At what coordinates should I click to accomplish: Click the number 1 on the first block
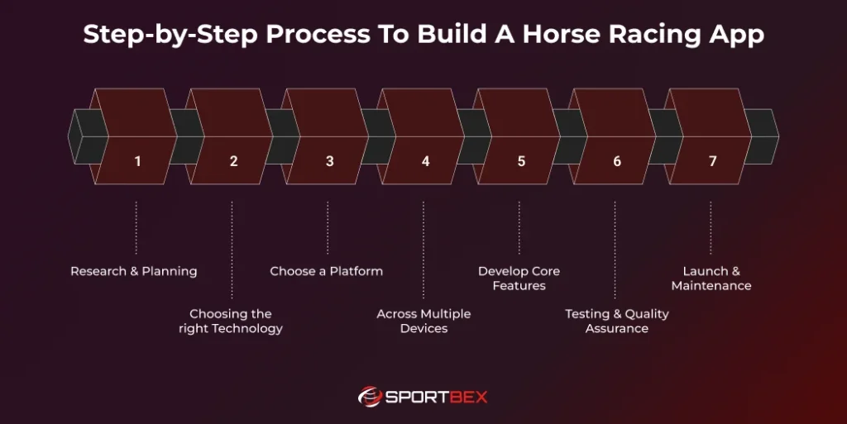[x=137, y=161]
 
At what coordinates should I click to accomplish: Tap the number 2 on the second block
[x=233, y=161]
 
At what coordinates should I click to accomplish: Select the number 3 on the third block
[x=329, y=161]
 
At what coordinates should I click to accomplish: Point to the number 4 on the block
[x=425, y=161]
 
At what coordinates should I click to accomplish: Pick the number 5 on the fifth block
[x=521, y=161]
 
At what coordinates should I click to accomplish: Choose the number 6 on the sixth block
[x=617, y=161]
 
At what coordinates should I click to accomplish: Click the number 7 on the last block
[x=712, y=161]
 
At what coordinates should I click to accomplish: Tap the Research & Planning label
[x=134, y=271]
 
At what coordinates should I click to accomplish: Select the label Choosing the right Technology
[x=231, y=322]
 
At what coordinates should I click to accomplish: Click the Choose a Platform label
[x=327, y=271]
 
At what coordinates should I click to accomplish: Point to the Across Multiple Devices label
[x=423, y=322]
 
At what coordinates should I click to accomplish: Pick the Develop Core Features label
[x=519, y=279]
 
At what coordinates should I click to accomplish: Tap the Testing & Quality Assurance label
[x=617, y=322]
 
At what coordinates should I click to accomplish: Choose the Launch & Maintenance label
[x=711, y=279]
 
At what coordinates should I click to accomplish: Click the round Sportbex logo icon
[x=370, y=397]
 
